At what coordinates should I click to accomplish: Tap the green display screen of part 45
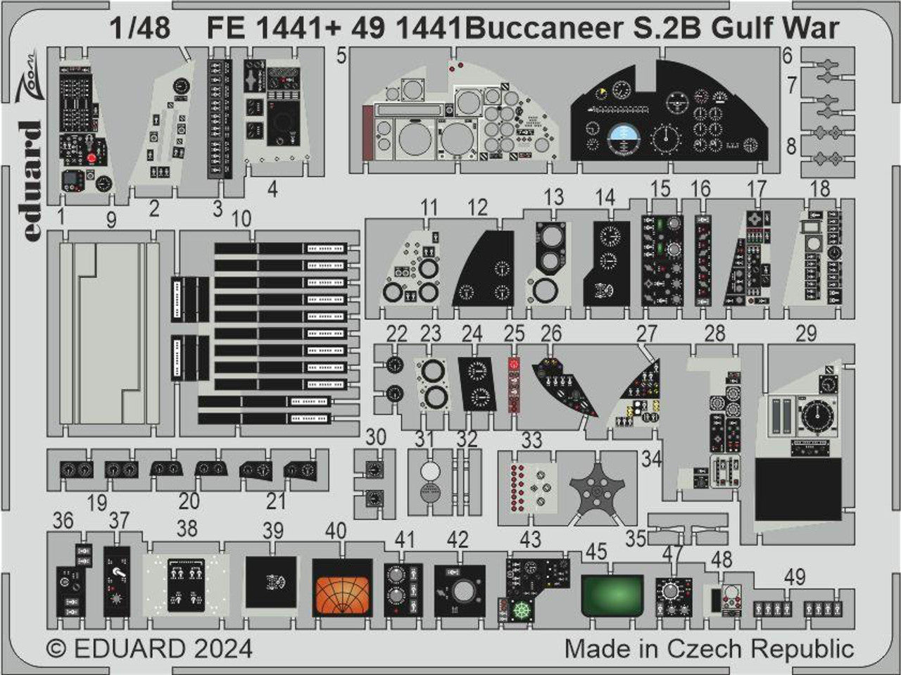612,595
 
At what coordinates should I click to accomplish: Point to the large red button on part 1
92,158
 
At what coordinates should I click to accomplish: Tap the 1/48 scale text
140,28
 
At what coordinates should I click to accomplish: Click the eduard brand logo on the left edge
31,181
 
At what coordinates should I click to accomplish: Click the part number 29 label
806,334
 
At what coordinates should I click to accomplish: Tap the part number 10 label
241,218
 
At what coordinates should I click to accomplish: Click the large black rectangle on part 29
798,489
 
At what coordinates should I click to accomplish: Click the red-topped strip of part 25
514,385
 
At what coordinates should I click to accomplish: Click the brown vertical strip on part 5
368,132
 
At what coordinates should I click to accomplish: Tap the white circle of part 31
430,470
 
